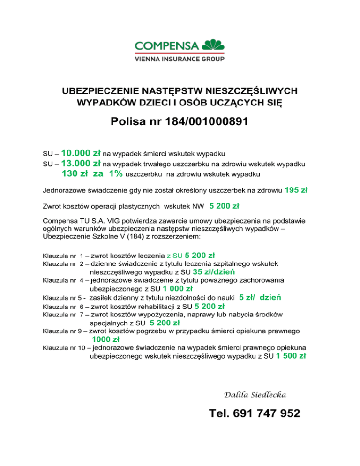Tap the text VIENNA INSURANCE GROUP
(x=179, y=60)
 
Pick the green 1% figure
(x=113, y=174)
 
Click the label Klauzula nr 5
(x=64, y=298)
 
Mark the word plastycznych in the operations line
(x=135, y=206)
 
